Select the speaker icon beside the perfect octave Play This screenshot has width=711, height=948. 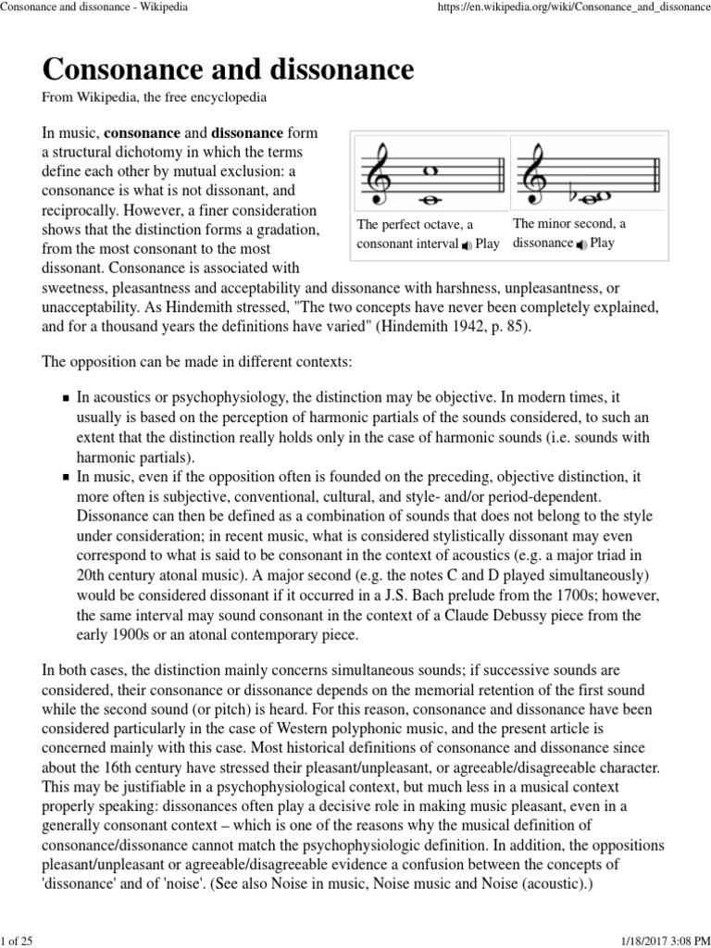coord(467,244)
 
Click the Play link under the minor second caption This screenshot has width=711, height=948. coord(602,243)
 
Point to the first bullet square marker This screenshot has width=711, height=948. coord(67,398)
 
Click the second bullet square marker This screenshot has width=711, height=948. coord(67,479)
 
